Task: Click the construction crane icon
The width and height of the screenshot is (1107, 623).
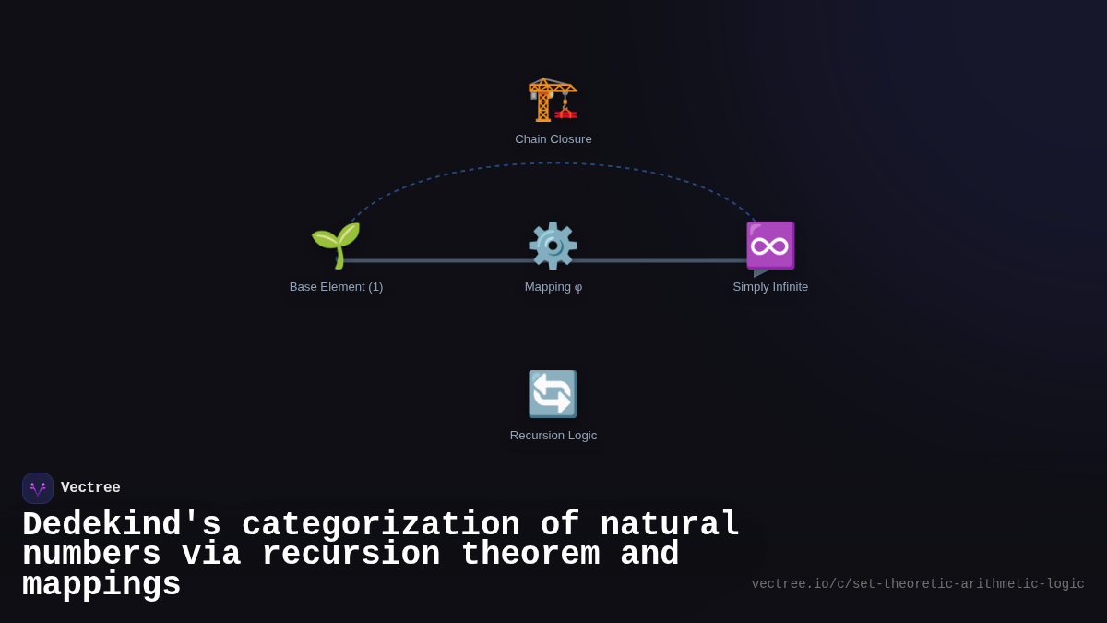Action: point(553,99)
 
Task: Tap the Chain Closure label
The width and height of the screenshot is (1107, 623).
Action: point(553,139)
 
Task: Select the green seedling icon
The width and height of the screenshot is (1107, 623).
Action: point(336,246)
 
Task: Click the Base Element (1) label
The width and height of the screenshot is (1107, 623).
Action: point(336,287)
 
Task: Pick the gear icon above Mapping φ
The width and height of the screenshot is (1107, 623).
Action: point(553,246)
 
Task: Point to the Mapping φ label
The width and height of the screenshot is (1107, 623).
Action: point(553,287)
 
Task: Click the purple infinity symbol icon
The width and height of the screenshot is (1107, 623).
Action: point(770,246)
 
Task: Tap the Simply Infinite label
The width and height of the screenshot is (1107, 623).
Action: point(770,287)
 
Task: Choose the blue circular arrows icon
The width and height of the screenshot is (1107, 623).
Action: point(553,394)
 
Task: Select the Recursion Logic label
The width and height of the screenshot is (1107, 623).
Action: point(553,436)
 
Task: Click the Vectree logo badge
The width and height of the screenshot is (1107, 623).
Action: point(38,488)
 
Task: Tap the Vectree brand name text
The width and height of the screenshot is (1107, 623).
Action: point(90,488)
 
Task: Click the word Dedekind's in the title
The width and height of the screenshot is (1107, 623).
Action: point(122,525)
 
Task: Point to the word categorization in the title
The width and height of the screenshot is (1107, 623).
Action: point(381,525)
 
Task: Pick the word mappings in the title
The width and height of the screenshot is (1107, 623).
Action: point(101,585)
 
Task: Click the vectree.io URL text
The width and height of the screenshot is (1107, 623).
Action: point(918,584)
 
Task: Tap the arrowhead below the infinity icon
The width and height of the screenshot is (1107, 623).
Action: point(760,272)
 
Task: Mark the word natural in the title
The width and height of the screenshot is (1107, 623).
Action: point(671,525)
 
